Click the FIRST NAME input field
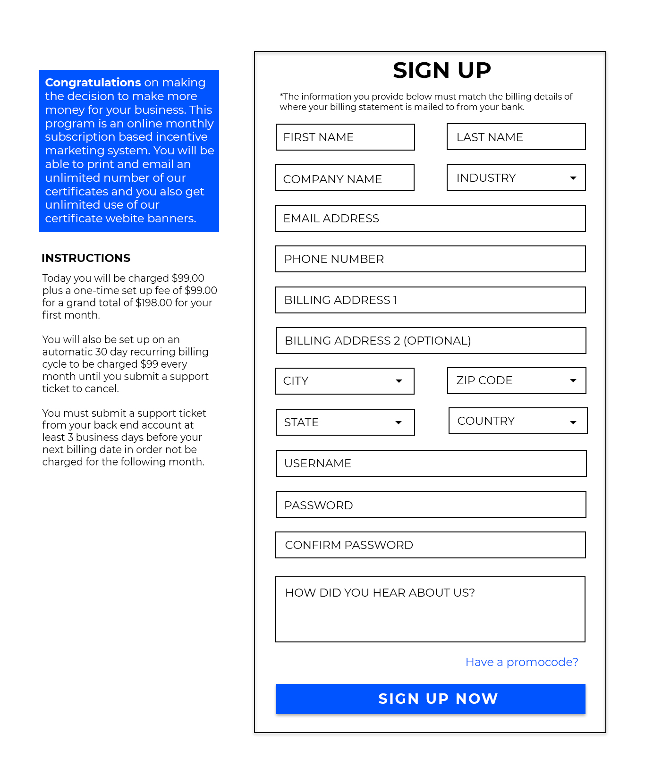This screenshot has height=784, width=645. [345, 137]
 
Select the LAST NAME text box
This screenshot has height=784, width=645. [516, 137]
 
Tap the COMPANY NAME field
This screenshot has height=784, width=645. [345, 178]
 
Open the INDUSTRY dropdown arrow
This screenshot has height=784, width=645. [573, 178]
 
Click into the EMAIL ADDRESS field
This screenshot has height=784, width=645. [430, 219]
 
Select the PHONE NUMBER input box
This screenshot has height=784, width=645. [430, 259]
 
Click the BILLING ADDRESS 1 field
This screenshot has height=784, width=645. [430, 300]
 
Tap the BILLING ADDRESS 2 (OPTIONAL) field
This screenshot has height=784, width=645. [431, 341]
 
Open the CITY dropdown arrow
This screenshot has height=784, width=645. [399, 381]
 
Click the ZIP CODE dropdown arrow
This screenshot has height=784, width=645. [573, 380]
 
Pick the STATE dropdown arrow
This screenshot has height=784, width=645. [399, 422]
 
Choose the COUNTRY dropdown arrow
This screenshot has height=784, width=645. [573, 422]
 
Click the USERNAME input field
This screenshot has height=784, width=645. [431, 464]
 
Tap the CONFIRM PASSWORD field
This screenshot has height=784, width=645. [430, 545]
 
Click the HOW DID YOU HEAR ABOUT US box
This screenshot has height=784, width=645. [430, 609]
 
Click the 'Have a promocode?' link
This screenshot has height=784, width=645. [522, 662]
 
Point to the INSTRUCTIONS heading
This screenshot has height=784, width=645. [86, 258]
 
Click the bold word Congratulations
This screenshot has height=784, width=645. [93, 83]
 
